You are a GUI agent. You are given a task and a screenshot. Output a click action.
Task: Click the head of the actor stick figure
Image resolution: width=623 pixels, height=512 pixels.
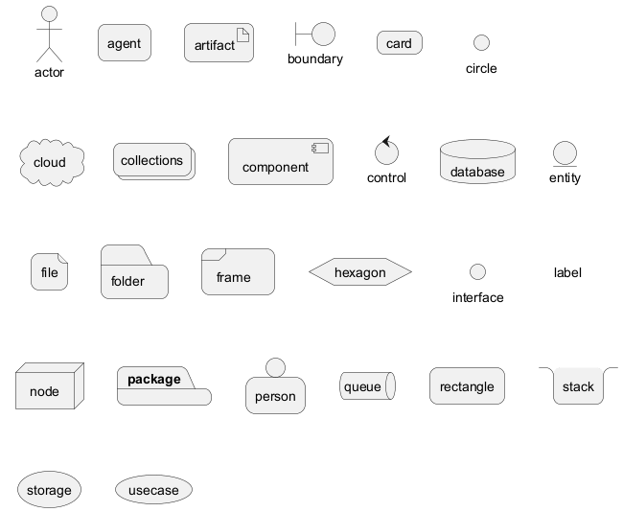(x=49, y=14)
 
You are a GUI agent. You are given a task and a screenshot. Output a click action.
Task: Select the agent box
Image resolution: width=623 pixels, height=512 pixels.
(x=125, y=43)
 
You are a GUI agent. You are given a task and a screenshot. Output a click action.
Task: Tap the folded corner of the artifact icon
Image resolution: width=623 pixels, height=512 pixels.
(x=243, y=35)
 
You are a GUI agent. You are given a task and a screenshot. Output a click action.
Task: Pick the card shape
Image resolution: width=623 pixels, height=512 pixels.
(x=399, y=43)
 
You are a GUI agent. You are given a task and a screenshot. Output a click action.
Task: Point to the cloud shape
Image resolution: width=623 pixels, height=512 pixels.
(x=51, y=162)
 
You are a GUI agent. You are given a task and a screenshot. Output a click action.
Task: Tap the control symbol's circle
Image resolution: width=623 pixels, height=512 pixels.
(x=386, y=152)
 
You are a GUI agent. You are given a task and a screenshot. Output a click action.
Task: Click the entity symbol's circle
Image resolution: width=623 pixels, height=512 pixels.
(x=565, y=153)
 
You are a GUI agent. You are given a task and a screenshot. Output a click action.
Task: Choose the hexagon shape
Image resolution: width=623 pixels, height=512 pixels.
(x=360, y=272)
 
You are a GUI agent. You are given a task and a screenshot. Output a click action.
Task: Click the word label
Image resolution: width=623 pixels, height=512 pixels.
(x=567, y=272)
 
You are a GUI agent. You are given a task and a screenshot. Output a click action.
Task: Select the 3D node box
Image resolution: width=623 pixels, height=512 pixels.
(x=48, y=387)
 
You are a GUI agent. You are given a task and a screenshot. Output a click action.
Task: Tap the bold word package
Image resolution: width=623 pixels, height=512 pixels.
(x=154, y=379)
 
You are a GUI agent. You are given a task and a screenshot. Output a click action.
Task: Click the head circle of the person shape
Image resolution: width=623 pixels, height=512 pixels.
(x=276, y=367)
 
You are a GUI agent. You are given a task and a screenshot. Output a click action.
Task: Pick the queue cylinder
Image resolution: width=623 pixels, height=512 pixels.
(x=367, y=386)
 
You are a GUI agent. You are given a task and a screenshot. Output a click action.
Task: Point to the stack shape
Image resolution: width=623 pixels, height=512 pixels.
(x=578, y=385)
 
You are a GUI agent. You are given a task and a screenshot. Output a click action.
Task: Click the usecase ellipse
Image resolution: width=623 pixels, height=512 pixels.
(x=153, y=490)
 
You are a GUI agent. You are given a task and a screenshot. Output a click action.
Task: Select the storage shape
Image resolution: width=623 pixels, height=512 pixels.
(x=49, y=490)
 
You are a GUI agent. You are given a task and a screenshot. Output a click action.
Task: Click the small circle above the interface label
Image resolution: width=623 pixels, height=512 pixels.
(x=477, y=272)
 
